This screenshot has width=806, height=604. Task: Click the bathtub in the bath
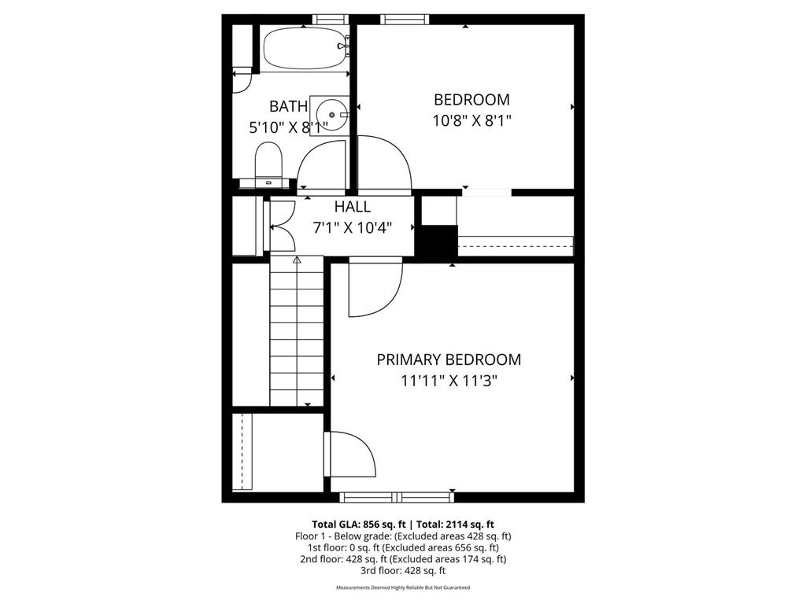point(304,49)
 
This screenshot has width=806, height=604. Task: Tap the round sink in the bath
point(332,116)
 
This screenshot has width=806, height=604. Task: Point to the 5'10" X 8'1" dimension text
point(288,127)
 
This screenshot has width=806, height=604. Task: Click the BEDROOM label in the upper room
point(471,100)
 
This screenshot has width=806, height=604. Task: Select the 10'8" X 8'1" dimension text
point(472,121)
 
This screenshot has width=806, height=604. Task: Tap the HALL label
point(352,207)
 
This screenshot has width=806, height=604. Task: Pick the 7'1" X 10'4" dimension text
point(363,227)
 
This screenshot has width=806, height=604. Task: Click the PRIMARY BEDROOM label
point(449,359)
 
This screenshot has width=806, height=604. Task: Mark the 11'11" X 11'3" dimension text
point(449,381)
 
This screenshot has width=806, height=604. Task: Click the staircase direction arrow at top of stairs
point(297,260)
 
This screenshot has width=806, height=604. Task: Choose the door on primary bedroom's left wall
point(350,453)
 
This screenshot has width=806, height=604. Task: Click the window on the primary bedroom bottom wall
point(397,496)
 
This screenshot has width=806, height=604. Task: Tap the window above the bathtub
point(329,20)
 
